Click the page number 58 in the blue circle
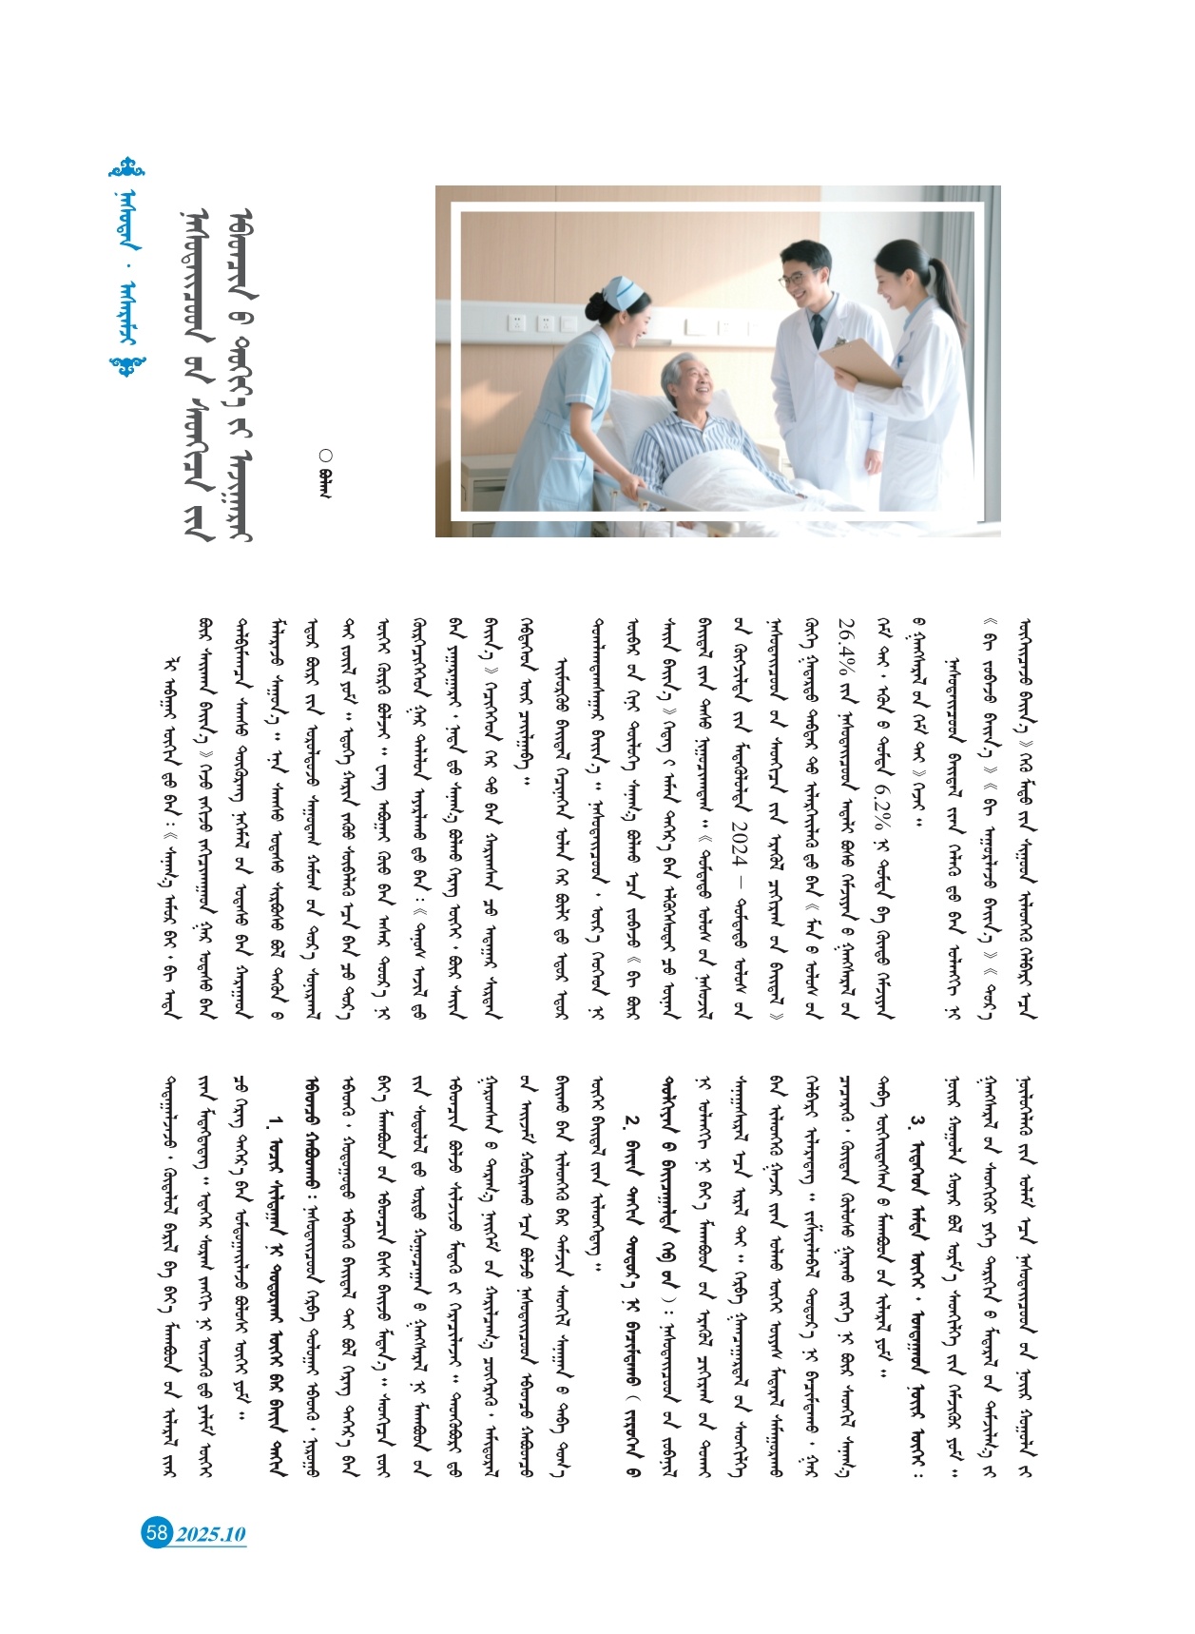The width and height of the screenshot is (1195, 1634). click(156, 1532)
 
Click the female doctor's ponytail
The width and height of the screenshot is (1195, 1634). click(945, 285)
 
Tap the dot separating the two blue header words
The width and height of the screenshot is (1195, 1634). click(130, 283)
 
